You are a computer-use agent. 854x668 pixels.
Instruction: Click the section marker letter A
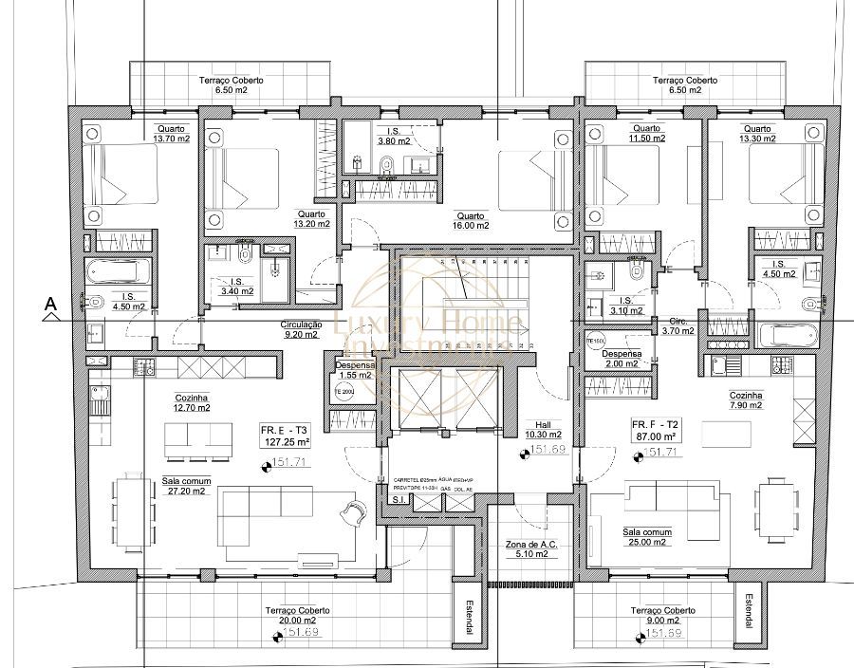51,305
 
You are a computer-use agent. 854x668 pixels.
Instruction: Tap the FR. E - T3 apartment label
286,436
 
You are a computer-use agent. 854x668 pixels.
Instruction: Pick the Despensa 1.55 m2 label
355,370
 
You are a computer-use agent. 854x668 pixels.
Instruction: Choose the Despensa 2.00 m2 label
622,358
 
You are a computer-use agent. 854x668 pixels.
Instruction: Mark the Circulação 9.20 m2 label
302,329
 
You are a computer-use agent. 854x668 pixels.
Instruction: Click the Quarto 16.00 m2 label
471,220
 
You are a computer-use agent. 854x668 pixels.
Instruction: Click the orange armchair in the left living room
353,511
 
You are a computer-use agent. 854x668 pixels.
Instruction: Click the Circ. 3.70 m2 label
678,325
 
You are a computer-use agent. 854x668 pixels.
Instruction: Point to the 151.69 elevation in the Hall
548,450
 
